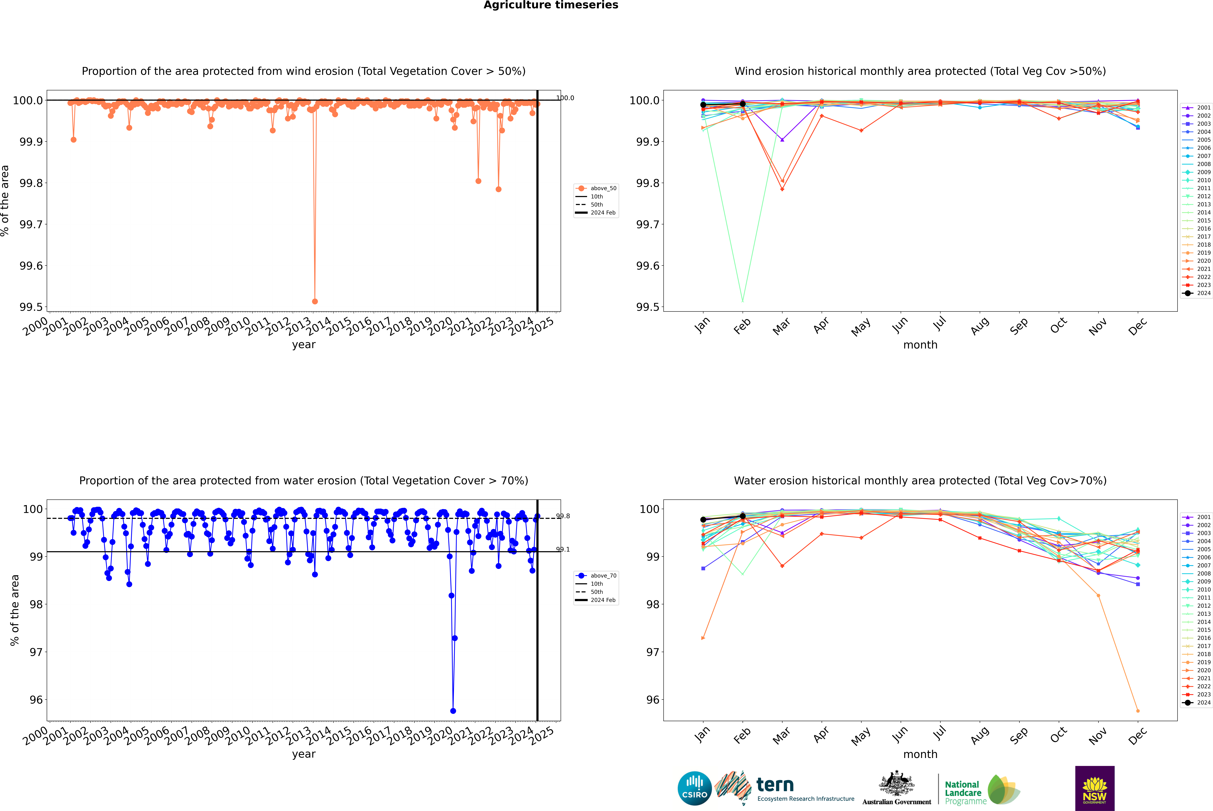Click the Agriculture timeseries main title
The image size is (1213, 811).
coord(551,5)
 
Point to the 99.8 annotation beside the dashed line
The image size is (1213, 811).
coord(563,516)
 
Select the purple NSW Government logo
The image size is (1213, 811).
coord(1095,788)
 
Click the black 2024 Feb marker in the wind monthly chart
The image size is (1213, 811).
coord(742,104)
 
